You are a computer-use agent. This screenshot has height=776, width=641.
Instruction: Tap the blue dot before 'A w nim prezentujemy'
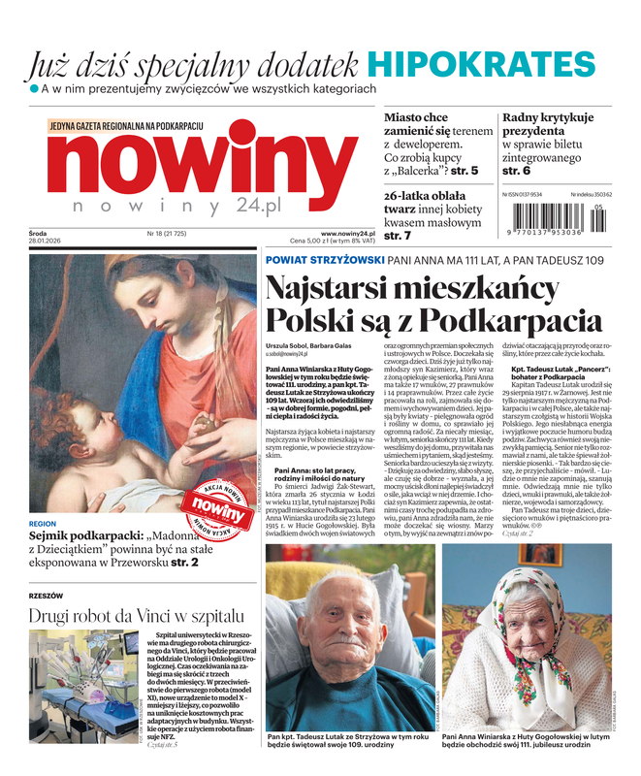pyautogui.click(x=33, y=88)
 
